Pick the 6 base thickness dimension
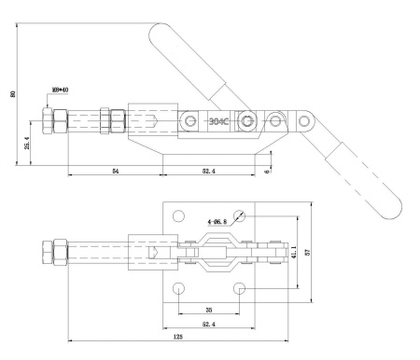[267, 171]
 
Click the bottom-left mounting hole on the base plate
[179, 287]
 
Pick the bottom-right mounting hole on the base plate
[242, 287]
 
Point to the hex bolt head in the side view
[51, 120]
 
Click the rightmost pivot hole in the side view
[304, 120]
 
